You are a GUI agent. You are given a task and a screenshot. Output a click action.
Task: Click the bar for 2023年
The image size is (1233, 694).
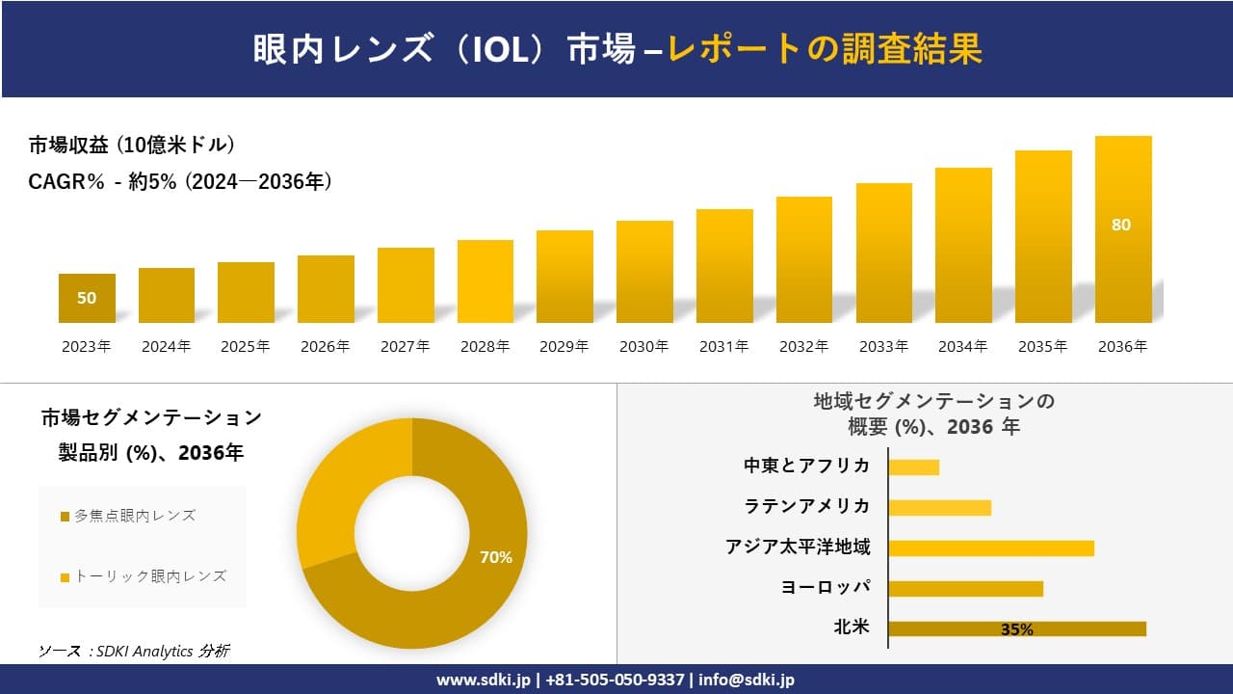87,299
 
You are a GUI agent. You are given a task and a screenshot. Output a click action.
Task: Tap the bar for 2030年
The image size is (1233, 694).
644,272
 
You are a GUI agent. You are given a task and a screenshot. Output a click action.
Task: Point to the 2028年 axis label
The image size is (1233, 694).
485,347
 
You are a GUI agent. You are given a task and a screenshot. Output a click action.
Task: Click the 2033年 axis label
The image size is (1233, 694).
883,347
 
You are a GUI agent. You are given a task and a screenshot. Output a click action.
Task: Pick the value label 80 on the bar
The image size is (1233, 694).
1121,225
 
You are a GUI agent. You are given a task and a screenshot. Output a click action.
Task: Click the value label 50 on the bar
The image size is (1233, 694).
87,298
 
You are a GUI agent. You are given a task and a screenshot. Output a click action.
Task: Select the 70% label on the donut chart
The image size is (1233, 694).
496,557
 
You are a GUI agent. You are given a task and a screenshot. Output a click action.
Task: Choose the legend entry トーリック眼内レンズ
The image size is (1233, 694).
144,576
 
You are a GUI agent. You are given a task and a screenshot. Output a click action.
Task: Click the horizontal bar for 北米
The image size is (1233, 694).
1016,628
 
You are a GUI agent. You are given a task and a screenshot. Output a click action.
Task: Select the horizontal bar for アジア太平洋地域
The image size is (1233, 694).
990,547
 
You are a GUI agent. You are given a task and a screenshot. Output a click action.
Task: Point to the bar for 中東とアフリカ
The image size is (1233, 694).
913,467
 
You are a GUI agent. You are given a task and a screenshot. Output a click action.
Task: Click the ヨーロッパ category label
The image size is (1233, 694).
826,587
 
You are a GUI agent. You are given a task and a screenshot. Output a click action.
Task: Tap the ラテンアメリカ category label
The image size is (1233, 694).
807,506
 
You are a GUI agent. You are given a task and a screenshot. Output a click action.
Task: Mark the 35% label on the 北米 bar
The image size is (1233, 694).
1016,629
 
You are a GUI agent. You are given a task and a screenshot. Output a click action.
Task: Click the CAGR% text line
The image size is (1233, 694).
180,181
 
